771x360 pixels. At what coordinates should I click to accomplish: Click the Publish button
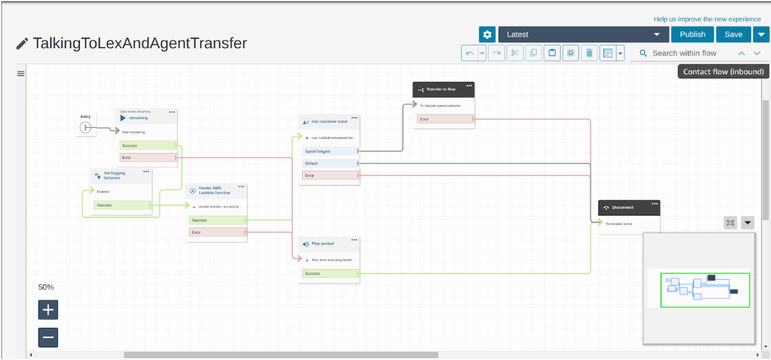coord(693,35)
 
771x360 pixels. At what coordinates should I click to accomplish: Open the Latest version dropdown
coord(583,35)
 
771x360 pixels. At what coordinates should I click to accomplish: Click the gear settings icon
coord(487,35)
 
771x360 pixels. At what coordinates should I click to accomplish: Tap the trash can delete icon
coord(589,53)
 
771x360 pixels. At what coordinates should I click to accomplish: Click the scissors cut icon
coord(515,53)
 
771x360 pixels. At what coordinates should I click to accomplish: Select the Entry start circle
coord(85,127)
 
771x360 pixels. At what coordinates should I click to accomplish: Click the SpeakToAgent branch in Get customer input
coord(328,151)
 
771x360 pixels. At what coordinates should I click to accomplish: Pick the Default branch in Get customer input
coord(328,163)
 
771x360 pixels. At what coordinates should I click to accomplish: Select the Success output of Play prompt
coord(329,273)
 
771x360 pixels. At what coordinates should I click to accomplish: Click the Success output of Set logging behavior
coord(122,205)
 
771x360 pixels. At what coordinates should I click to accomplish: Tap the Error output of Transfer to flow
coord(445,119)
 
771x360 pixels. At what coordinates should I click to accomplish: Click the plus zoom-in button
coord(48,309)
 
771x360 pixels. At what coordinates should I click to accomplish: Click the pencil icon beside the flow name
coord(22,44)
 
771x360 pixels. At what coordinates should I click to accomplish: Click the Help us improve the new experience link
coord(707,19)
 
